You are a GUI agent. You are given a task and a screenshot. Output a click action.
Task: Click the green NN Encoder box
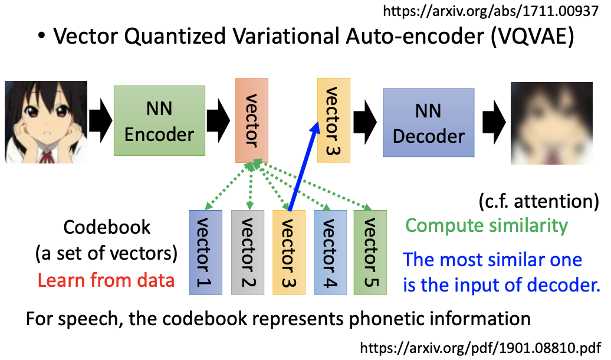tap(159, 120)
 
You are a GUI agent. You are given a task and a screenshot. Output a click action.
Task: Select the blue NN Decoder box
tap(428, 122)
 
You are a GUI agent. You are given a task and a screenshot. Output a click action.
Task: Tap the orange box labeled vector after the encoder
tap(251, 120)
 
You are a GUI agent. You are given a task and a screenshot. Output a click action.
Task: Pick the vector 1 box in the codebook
tap(205, 252)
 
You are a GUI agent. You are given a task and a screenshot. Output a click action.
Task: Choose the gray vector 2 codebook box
tap(246, 252)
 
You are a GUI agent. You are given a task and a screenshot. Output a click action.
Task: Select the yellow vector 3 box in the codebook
tap(288, 252)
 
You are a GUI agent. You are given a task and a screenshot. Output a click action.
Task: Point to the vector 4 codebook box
tap(330, 252)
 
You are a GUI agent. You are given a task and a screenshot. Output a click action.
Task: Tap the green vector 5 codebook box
tap(370, 252)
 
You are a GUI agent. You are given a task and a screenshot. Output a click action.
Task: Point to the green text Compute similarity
tap(487, 225)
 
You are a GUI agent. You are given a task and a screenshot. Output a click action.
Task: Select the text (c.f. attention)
tap(538, 201)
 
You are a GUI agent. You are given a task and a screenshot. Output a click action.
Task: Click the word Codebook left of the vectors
tap(107, 227)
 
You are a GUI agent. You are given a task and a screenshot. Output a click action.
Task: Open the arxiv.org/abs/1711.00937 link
tap(496, 11)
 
